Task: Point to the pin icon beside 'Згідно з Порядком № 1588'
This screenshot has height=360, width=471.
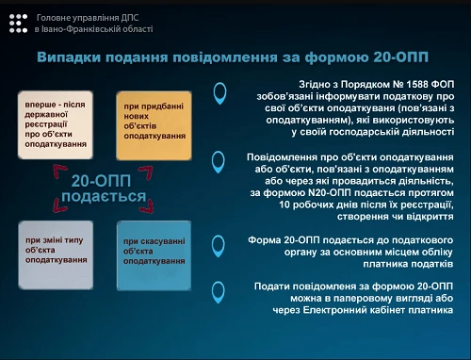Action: pos(220,92)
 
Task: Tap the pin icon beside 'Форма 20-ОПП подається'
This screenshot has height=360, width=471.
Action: pos(220,241)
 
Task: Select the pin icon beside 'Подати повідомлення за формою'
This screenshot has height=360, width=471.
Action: pos(220,291)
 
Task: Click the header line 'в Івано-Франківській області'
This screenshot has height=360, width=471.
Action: pos(93,29)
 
